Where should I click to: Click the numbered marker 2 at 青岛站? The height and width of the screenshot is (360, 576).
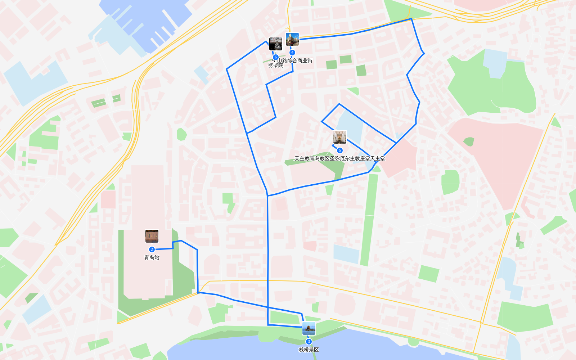click(x=152, y=249)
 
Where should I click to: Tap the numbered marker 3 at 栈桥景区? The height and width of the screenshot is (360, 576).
click(x=309, y=342)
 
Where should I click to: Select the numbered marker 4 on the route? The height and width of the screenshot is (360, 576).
click(x=292, y=53)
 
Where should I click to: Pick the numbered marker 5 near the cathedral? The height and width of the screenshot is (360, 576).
click(x=339, y=150)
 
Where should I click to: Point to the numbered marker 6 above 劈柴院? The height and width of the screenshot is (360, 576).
click(x=276, y=57)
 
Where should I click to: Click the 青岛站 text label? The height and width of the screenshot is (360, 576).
click(x=152, y=257)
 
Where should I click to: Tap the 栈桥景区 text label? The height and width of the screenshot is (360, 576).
click(x=309, y=350)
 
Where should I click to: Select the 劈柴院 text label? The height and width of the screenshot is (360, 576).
click(x=276, y=66)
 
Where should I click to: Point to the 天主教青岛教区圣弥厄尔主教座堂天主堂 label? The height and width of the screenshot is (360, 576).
click(x=339, y=158)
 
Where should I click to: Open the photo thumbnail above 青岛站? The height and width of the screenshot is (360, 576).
click(x=152, y=236)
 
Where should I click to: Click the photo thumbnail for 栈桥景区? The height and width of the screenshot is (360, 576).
click(x=309, y=328)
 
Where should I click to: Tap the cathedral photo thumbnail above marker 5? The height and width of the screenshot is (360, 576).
click(x=339, y=137)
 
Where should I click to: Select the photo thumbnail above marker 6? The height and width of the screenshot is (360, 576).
click(x=276, y=44)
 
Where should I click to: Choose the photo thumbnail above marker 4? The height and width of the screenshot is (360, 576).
click(x=292, y=39)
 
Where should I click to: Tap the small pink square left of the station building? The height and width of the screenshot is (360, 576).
click(x=108, y=199)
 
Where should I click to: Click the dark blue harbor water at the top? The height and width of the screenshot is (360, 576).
click(x=144, y=14)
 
